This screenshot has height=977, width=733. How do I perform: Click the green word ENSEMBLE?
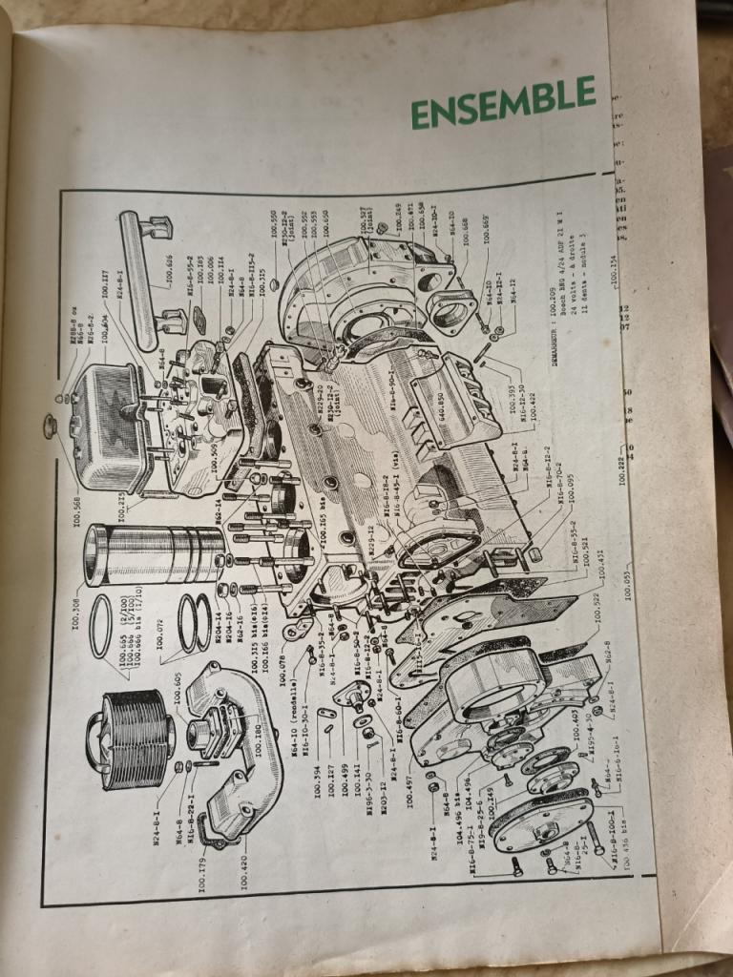pos(504,104)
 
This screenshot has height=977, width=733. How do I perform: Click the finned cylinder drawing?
pos(130,733)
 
